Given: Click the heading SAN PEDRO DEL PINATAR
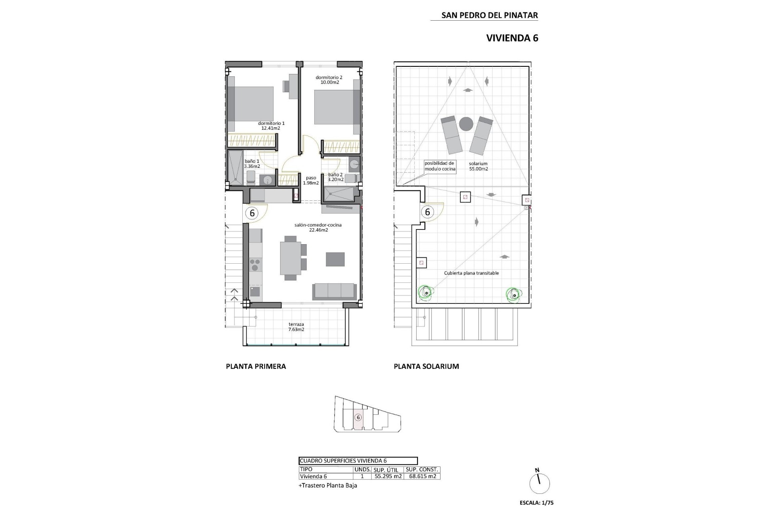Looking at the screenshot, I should click(489, 16).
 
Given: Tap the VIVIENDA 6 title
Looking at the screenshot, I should click(512, 38).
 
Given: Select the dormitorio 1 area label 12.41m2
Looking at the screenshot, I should click(271, 128).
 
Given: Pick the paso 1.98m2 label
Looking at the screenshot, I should click(311, 181).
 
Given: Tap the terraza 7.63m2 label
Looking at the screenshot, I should click(296, 327).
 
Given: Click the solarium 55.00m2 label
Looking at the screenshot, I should click(478, 166).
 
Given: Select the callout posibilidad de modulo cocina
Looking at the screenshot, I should click(439, 166).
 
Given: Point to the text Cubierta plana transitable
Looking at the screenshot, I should click(471, 273).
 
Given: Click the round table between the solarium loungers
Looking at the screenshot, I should click(466, 124).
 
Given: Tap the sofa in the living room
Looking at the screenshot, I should click(334, 291).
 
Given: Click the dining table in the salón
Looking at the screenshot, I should click(290, 258).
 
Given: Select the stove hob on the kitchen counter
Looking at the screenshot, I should click(255, 265).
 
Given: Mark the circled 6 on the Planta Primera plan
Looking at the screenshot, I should click(252, 213).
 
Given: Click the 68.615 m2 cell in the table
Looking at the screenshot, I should click(421, 476).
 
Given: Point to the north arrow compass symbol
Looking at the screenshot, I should click(540, 483).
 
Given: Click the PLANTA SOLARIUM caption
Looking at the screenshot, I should click(426, 367).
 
